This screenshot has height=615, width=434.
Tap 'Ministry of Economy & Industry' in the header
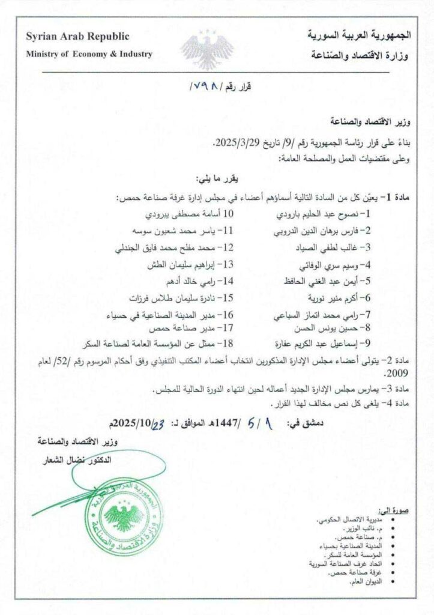click(x=89, y=54)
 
